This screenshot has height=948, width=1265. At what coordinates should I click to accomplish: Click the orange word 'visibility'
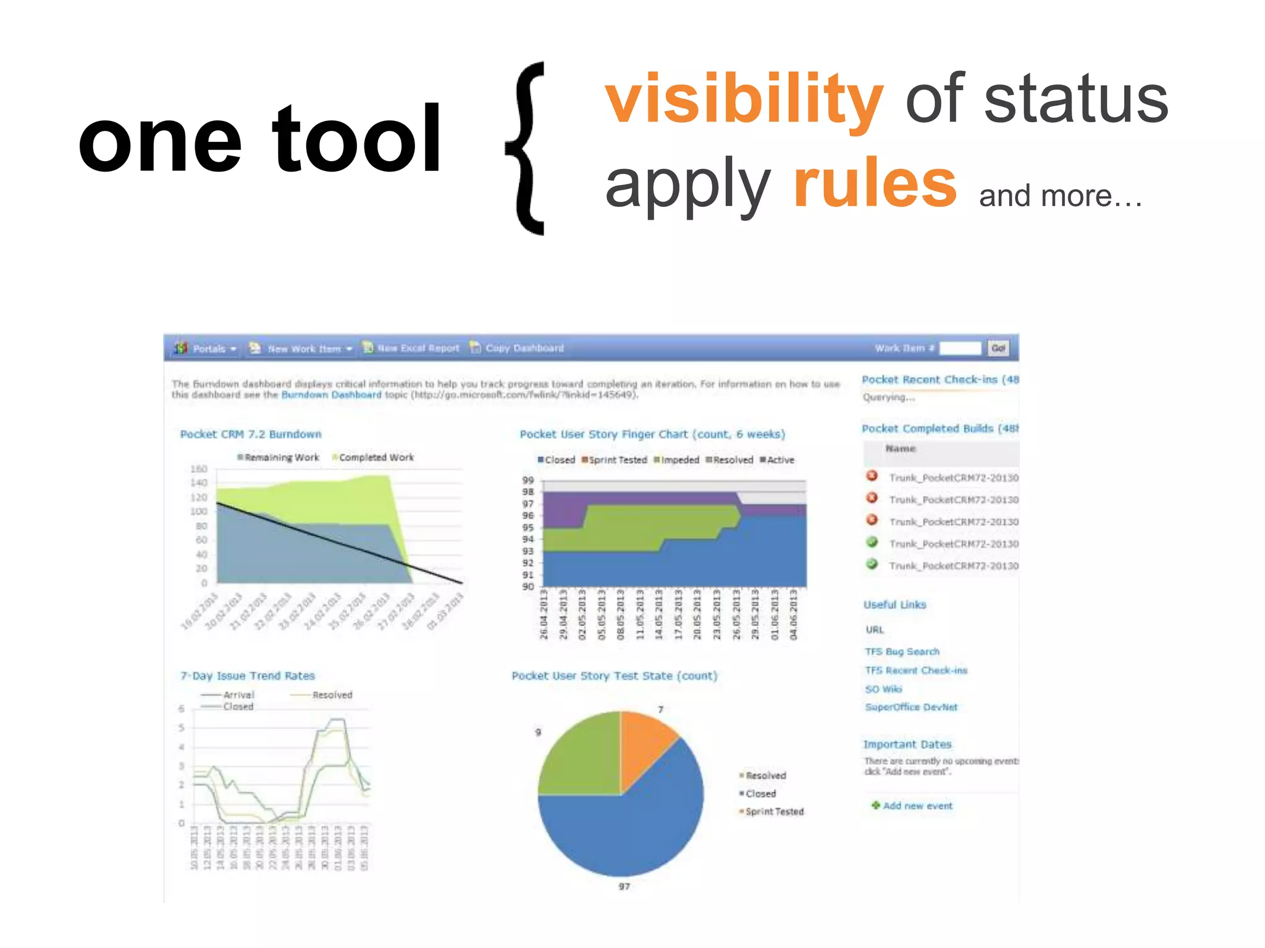tap(744, 99)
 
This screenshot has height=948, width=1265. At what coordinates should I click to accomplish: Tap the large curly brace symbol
tap(526, 148)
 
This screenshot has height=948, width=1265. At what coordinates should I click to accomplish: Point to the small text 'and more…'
tap(1060, 196)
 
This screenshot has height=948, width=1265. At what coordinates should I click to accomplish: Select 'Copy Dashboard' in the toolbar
tap(524, 348)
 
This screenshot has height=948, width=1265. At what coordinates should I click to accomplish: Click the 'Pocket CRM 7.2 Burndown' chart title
tap(250, 434)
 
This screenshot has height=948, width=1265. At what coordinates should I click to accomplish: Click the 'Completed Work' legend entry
tap(376, 457)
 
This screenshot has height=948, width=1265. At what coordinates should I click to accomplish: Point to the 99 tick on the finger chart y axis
tap(527, 480)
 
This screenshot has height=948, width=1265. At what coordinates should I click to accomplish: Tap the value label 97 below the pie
tap(624, 886)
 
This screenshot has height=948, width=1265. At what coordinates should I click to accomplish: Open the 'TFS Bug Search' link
tap(902, 651)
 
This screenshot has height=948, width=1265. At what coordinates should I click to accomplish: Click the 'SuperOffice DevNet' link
tap(911, 707)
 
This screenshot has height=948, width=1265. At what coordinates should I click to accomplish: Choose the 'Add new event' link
tap(917, 805)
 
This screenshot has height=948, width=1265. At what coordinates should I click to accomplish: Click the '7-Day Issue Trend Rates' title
tap(247, 676)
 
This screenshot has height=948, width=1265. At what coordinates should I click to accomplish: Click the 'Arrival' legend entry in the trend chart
tap(238, 695)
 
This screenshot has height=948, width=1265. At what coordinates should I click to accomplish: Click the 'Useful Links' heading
tap(894, 604)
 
